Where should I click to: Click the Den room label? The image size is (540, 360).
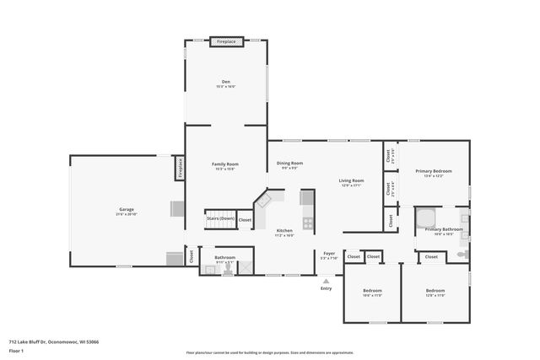point(226,82)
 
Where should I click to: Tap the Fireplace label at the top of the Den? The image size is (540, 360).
point(226,40)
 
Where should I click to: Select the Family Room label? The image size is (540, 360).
point(225,164)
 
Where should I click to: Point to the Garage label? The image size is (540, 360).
point(126,209)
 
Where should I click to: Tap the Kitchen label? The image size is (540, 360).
point(285,231)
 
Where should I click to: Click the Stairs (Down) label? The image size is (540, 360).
point(220,218)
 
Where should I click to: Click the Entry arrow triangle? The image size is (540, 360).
point(326,281)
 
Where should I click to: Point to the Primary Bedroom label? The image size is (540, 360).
point(433,171)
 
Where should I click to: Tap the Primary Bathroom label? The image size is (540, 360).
point(443,229)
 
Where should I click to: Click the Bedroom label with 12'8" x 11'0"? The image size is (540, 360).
point(435,291)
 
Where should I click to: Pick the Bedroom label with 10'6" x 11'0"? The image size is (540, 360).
point(372,291)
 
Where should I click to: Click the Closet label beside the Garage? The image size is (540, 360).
point(191,255)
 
